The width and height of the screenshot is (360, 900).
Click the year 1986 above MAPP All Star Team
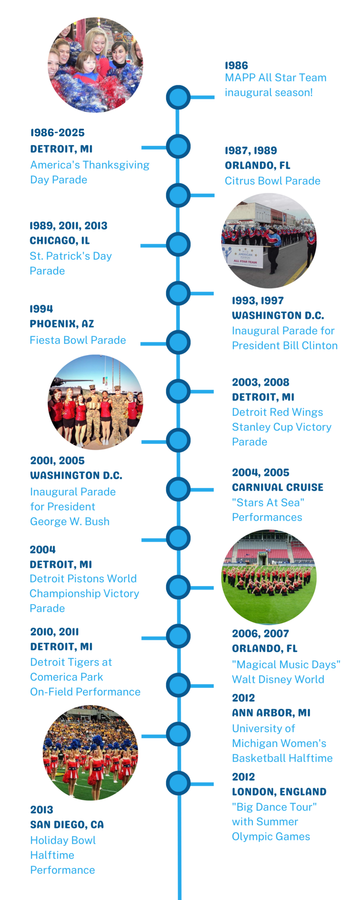[236, 65]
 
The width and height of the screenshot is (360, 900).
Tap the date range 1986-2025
[58, 133]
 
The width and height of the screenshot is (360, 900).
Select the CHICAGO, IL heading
[60, 241]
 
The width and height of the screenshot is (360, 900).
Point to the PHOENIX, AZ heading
[62, 324]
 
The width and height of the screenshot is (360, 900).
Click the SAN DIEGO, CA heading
[67, 825]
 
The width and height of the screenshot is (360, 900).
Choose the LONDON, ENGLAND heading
[279, 792]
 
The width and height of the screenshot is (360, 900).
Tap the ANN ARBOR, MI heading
[271, 713]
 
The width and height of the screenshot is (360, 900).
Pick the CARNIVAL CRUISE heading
[278, 487]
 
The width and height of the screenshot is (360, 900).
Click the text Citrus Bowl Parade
[273, 181]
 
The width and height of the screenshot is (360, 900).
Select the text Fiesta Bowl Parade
[78, 340]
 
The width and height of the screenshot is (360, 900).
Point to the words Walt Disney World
[278, 679]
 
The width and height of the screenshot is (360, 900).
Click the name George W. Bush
[70, 522]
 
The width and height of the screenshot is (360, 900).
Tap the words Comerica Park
[67, 677]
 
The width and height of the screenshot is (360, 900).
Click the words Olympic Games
[271, 837]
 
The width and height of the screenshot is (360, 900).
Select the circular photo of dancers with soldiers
[95, 402]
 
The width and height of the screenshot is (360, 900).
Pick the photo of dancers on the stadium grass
[269, 577]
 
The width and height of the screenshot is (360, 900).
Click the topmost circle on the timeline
[178, 97]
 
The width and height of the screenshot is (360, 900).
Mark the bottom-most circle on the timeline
[178, 783]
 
